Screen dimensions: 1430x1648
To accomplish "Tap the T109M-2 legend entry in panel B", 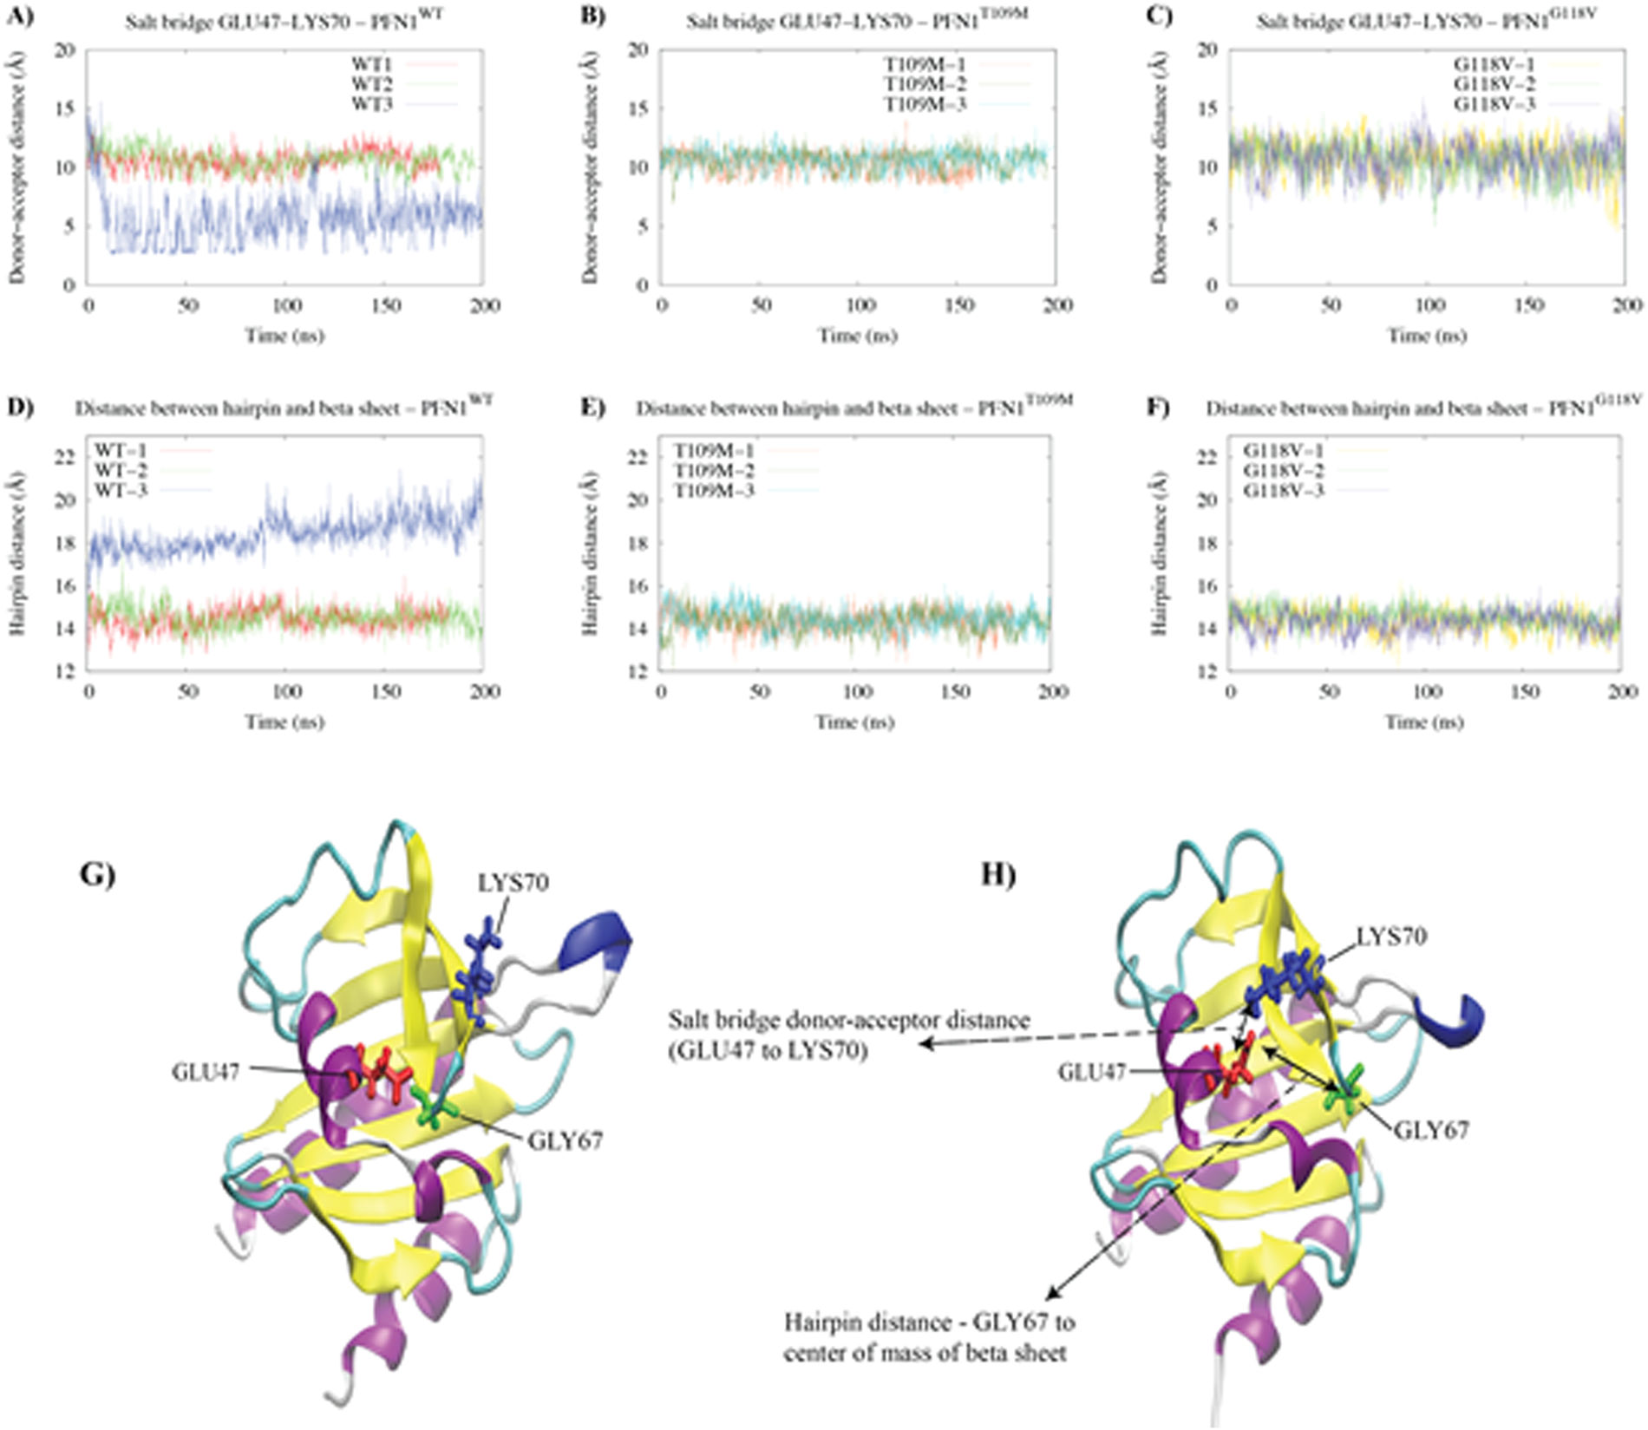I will click(x=925, y=85).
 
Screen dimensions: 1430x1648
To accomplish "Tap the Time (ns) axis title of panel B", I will click(x=858, y=336).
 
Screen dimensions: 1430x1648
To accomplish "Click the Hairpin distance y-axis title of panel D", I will click(x=17, y=552).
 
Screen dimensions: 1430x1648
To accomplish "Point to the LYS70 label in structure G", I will click(x=513, y=883).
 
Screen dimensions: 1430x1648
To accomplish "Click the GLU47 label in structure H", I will click(x=1091, y=1073).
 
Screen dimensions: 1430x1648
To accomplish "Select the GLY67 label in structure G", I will click(x=565, y=1140).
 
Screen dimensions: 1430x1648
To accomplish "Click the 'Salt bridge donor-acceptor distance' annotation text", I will click(x=848, y=1020).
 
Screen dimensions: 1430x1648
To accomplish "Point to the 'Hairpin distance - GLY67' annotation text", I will click(x=929, y=1324).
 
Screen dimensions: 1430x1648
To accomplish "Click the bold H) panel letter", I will click(x=997, y=875).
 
